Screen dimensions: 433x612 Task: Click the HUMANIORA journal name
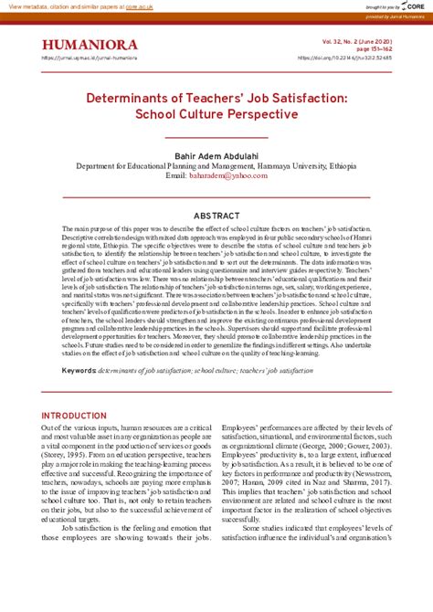click(x=90, y=45)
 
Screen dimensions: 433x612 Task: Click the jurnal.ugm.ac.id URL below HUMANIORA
click(x=90, y=58)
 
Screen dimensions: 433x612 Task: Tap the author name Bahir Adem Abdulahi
click(x=216, y=156)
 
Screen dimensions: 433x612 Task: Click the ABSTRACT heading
click(x=216, y=216)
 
